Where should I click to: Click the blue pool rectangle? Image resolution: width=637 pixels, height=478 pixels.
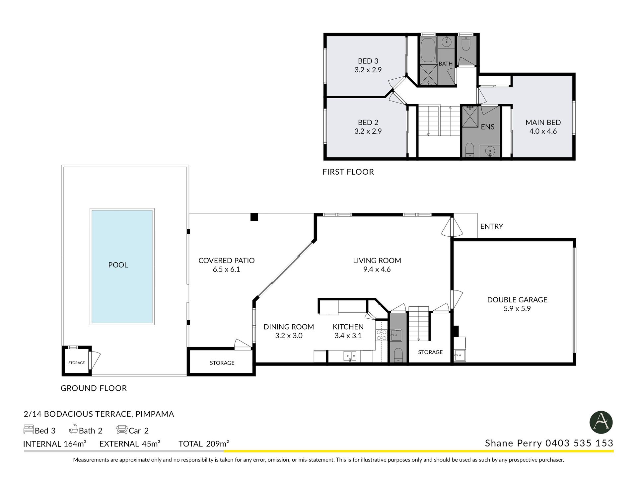(x=122, y=266)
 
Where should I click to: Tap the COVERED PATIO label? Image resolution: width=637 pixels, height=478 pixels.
(x=227, y=261)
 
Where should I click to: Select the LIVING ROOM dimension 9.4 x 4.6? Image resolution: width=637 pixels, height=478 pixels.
(x=377, y=270)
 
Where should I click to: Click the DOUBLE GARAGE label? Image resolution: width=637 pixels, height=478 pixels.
(x=517, y=300)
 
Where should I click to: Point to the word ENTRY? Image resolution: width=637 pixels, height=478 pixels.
(x=492, y=226)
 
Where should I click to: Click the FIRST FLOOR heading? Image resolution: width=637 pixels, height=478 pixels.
(x=348, y=172)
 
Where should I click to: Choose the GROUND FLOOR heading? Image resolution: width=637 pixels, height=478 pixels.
(x=94, y=388)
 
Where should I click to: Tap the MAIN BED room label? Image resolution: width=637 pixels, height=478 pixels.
(x=543, y=122)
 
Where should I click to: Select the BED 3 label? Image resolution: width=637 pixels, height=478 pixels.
(x=368, y=61)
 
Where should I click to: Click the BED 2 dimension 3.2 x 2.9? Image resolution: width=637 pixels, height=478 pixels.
(x=368, y=131)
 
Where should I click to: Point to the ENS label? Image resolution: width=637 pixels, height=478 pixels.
(x=488, y=127)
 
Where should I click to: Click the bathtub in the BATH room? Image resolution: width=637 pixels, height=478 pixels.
(x=428, y=50)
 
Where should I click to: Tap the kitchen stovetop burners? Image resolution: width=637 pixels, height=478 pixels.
(x=382, y=335)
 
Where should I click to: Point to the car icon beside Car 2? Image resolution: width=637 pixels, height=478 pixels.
(x=122, y=430)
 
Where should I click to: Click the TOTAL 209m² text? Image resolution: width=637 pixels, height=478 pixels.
(x=204, y=444)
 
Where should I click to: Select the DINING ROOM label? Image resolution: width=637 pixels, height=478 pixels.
(x=289, y=327)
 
